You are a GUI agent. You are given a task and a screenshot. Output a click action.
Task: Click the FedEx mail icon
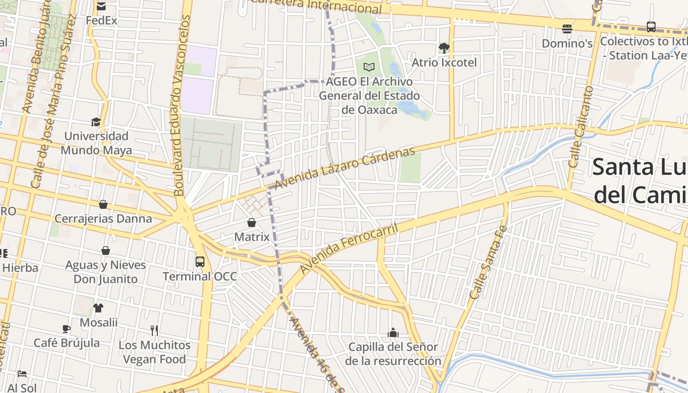tap(101, 6)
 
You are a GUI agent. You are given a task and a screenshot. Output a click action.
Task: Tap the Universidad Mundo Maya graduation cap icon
tap(96, 121)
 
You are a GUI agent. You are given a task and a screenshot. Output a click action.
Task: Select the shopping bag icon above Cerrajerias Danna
tap(103, 204)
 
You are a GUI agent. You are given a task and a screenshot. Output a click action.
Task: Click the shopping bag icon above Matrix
tap(252, 223)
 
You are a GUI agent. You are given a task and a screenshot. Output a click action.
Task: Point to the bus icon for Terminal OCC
tap(200, 261)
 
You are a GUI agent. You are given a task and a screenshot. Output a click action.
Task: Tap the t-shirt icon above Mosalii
tap(98, 308)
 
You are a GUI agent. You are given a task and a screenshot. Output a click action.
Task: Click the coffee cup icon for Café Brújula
tap(66, 329)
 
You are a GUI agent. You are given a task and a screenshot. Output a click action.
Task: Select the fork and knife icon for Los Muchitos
tap(154, 330)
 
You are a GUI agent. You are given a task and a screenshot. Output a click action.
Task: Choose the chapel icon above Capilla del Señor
tap(393, 333)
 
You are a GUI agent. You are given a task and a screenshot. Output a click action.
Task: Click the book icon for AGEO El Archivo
tap(369, 67)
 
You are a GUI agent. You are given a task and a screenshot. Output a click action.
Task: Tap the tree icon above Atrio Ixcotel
tap(444, 48)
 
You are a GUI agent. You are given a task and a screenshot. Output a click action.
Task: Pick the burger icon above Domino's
tap(567, 28)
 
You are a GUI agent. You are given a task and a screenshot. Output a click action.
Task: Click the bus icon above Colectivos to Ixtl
tap(651, 27)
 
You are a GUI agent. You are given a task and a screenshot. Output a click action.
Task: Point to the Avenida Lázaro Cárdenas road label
tap(344, 168)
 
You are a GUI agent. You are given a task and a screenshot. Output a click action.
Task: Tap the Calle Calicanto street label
tap(581, 127)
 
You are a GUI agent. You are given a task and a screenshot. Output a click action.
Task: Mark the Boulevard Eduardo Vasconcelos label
tap(180, 106)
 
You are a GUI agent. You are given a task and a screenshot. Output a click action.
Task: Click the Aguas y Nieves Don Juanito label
tap(106, 272)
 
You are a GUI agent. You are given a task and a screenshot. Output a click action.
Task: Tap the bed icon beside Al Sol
tap(22, 374)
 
